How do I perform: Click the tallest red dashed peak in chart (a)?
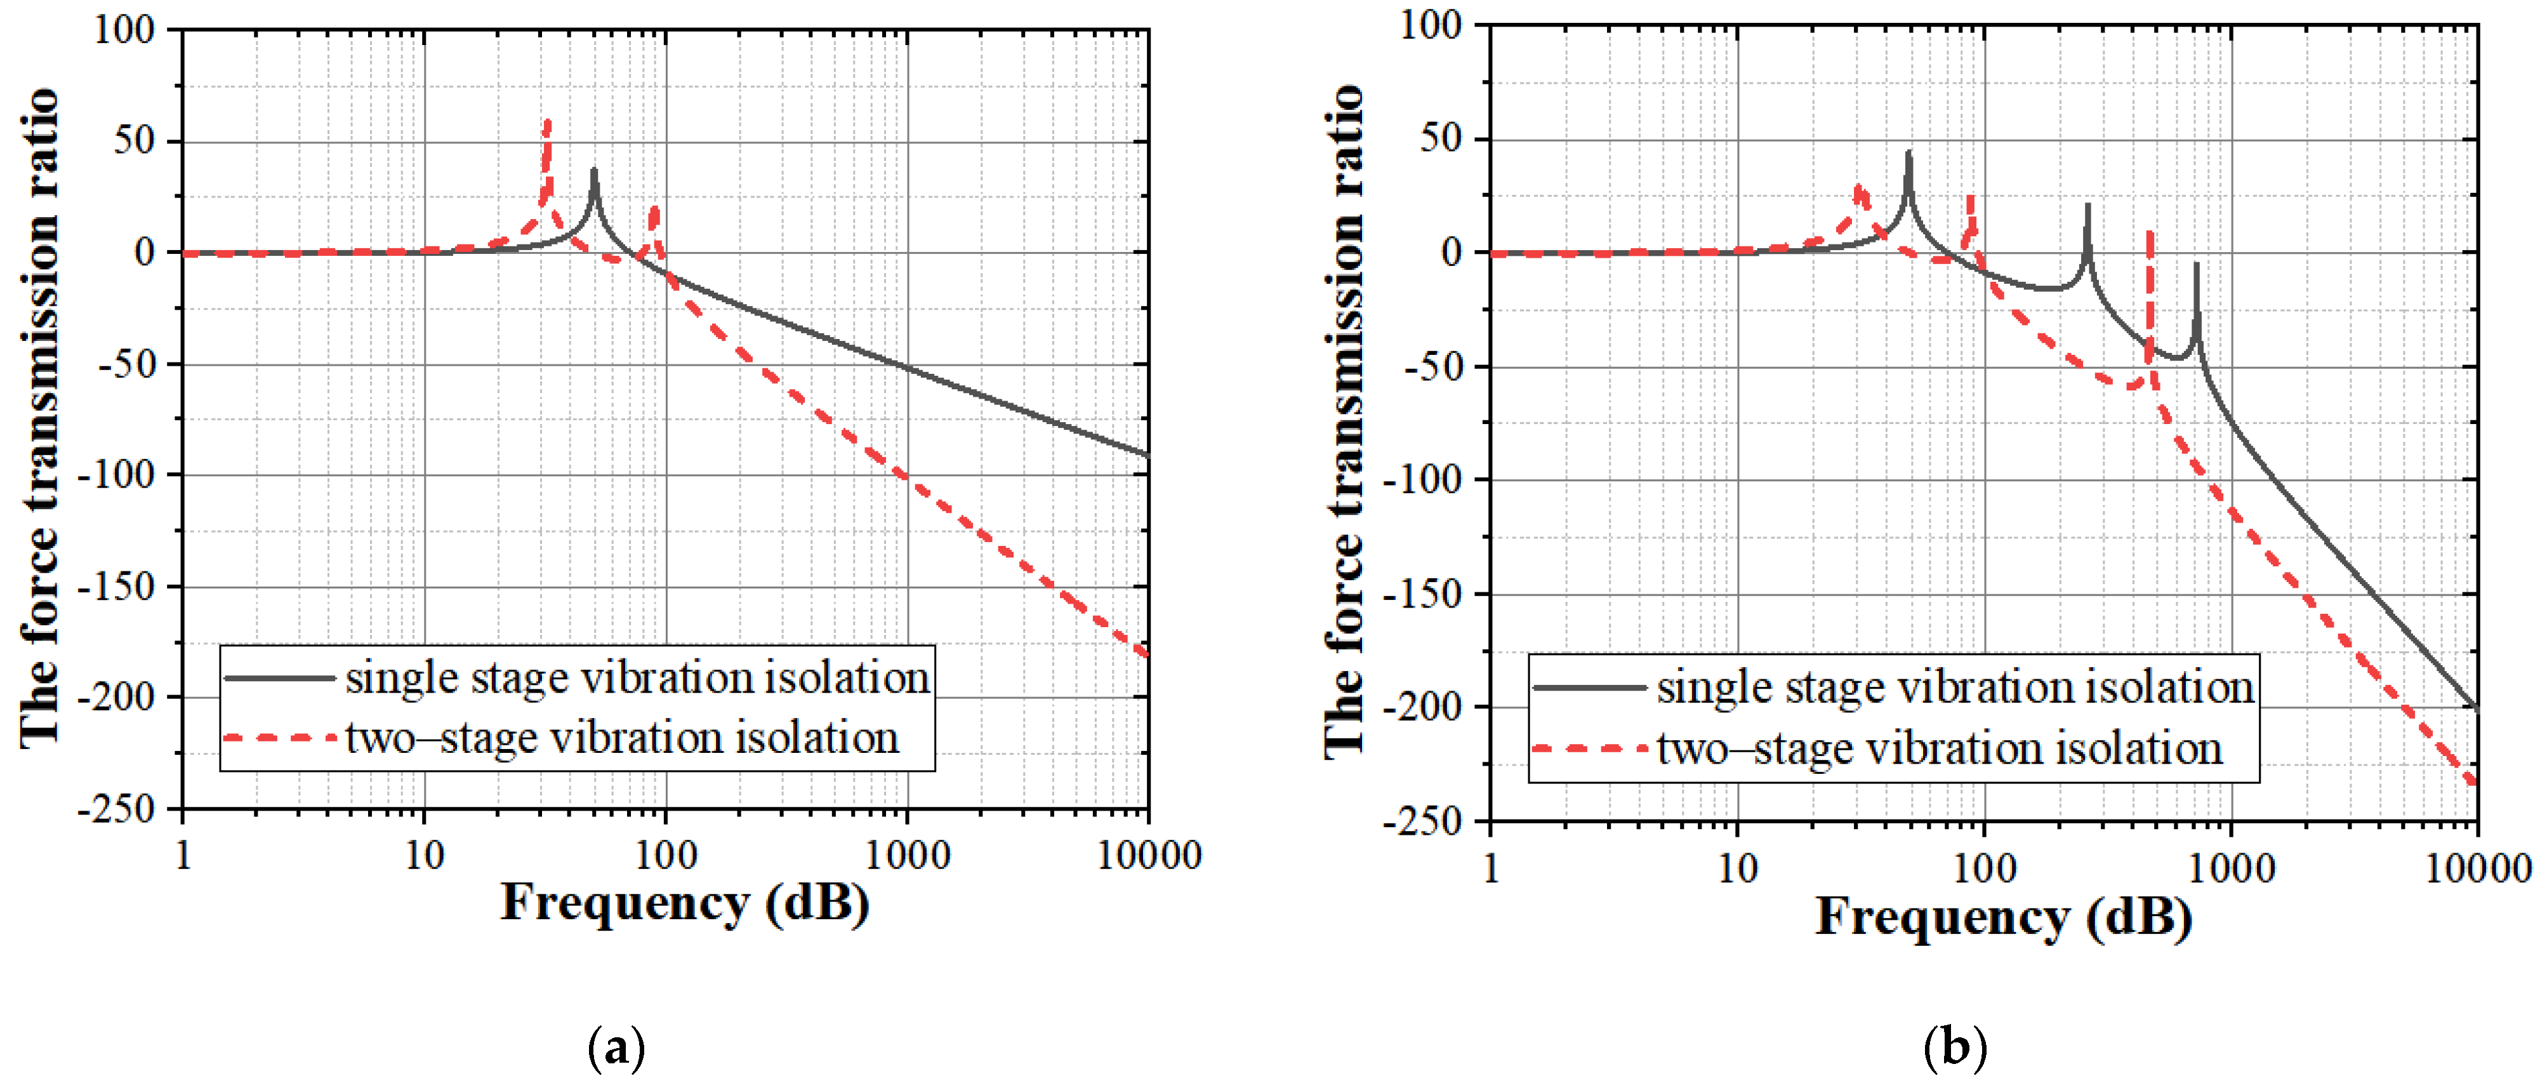tap(547, 123)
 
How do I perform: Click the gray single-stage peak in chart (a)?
tap(593, 171)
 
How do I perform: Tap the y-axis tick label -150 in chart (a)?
tap(117, 587)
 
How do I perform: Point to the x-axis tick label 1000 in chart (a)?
tap(907, 855)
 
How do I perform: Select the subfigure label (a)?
tap(616, 1047)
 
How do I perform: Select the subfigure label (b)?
tap(1954, 1047)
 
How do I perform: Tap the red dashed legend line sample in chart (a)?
tap(280, 738)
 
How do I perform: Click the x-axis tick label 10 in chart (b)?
tap(1737, 868)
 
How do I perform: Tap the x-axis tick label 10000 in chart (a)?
tap(1149, 855)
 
